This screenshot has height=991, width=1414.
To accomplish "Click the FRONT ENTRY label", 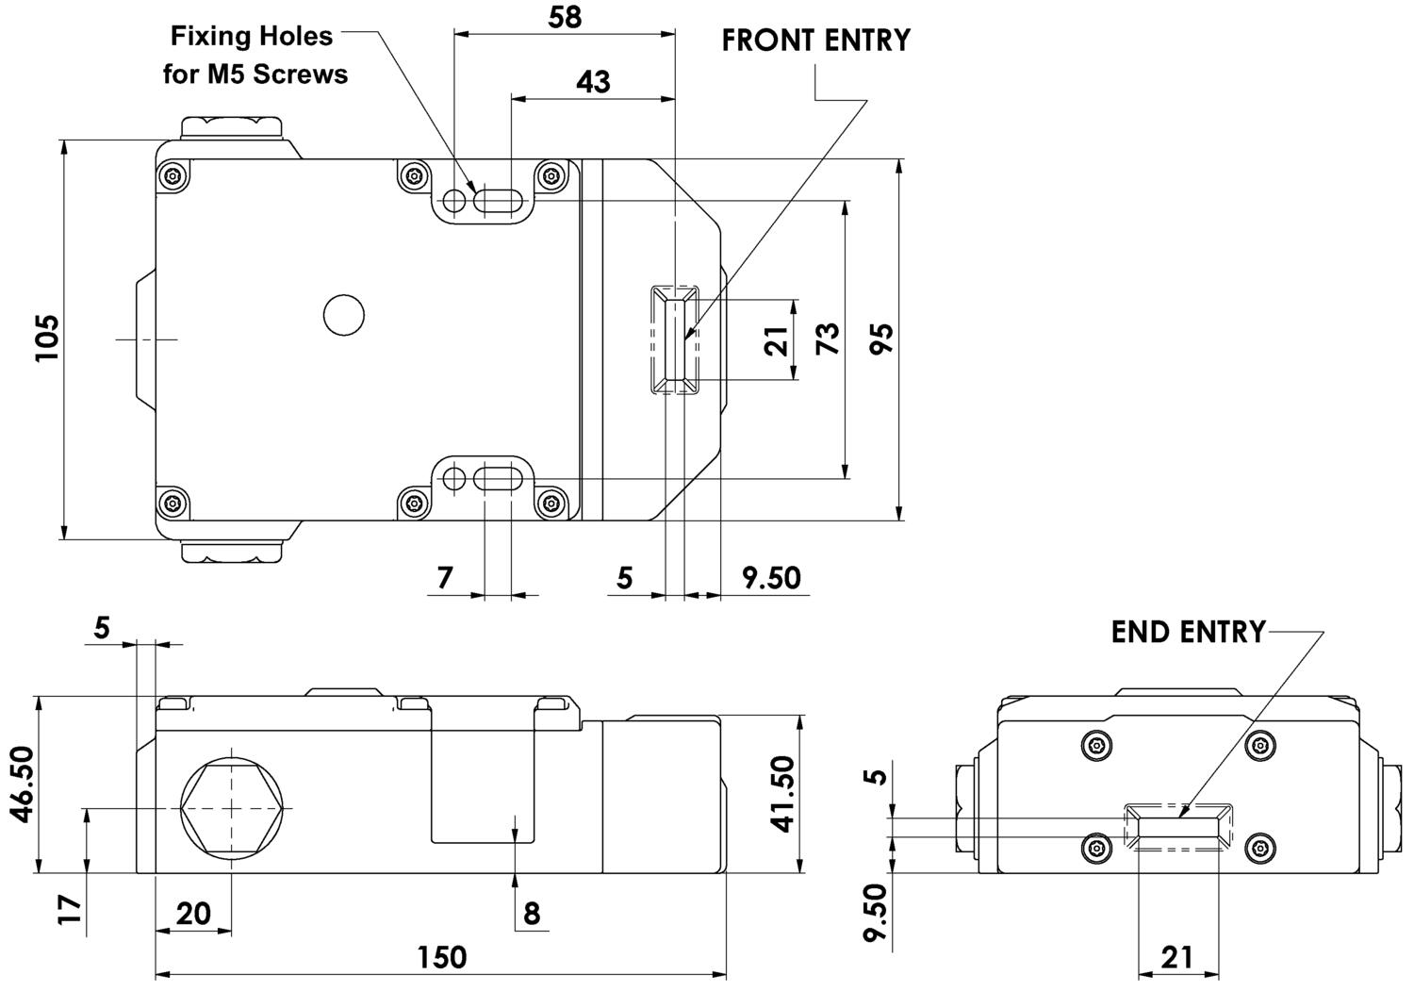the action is (x=815, y=41).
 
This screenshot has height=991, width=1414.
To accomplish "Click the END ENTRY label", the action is (x=1189, y=632).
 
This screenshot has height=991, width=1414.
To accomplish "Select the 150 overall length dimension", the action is (x=442, y=957).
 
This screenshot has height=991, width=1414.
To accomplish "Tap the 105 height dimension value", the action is (x=47, y=338).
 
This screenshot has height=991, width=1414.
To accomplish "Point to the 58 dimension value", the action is (x=565, y=17).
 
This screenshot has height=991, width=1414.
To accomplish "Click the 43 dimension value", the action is (x=593, y=82).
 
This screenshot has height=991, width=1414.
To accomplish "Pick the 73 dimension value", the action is (x=828, y=339).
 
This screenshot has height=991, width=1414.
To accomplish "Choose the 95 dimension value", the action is (x=881, y=339).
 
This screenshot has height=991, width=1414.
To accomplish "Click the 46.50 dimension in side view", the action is (x=24, y=784).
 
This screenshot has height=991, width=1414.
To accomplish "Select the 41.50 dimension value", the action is (x=782, y=794).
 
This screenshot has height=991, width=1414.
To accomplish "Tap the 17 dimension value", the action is (x=70, y=910).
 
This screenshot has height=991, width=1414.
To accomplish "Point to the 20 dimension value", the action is (x=193, y=914).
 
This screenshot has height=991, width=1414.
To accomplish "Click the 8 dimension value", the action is (x=532, y=914).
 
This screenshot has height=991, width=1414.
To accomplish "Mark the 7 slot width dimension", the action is (x=445, y=577).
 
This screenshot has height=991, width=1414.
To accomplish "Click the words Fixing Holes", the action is (x=252, y=37).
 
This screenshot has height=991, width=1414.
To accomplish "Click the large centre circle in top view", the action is (x=343, y=315).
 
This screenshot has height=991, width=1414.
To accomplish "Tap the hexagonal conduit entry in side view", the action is (x=232, y=808).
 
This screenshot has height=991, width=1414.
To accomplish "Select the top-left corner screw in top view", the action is (x=173, y=175).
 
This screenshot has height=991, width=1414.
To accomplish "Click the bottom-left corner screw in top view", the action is (x=173, y=504).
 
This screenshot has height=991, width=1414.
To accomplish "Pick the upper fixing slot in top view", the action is (x=499, y=201).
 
